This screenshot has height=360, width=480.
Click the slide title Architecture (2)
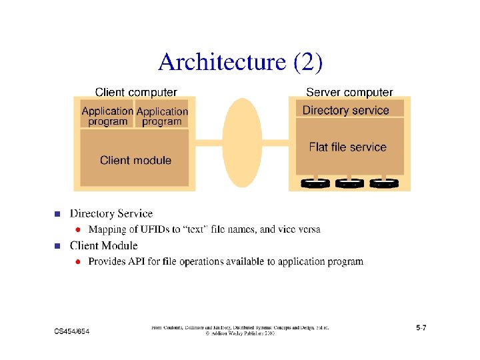click(240, 62)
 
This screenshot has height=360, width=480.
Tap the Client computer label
click(136, 93)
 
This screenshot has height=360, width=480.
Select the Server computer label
click(349, 93)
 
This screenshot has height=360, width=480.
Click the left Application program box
click(107, 115)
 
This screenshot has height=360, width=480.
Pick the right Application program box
click(162, 115)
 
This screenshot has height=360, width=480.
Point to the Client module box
click(135, 160)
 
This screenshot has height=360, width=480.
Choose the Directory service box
click(346, 110)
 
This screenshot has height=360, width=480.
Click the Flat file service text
click(347, 147)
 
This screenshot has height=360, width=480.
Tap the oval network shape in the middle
click(242, 142)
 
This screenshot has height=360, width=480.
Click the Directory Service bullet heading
click(111, 214)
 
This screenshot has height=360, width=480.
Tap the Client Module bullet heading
click(105, 246)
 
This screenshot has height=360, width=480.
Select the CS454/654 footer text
click(72, 331)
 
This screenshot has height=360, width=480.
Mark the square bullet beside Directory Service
click(57, 215)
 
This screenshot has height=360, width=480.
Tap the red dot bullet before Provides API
click(78, 262)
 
